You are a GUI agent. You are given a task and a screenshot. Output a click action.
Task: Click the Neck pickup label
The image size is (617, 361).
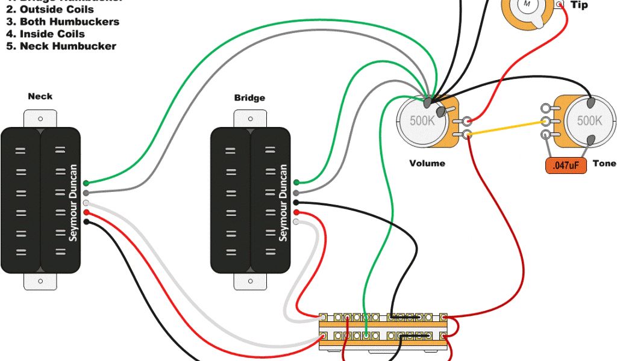coord(40,96)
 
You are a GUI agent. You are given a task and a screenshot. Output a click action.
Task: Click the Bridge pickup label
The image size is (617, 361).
coord(249,97)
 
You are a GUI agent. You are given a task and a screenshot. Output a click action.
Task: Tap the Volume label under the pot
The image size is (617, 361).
coord(427,163)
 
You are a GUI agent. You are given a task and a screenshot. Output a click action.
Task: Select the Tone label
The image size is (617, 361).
coord(604,163)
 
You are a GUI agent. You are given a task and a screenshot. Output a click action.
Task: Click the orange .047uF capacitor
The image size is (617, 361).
coord(566,165)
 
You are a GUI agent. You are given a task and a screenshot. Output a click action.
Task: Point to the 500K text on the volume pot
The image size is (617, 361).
coord(422,120)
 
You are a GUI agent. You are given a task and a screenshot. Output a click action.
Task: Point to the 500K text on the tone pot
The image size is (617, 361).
coord(589,120)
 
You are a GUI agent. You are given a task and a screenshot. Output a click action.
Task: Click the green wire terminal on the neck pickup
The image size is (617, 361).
coord(87,183)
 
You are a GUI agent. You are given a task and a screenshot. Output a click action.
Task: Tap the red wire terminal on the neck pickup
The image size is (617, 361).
coord(87,212)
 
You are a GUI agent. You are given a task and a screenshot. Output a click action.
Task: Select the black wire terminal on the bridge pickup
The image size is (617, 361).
coord(296,203)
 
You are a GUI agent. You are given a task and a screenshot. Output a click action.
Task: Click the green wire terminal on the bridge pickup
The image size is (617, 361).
coord(296,182)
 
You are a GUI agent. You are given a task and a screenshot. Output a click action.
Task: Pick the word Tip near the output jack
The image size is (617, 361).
coord(579,5)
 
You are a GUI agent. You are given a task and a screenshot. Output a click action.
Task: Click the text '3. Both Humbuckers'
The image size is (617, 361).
coord(63,22)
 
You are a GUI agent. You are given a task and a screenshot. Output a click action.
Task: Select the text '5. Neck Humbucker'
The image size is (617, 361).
coord(61,46)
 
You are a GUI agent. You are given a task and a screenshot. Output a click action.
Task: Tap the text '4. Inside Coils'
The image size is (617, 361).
coord(45,34)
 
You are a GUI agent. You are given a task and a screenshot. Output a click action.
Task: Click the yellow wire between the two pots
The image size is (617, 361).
coord(506,127)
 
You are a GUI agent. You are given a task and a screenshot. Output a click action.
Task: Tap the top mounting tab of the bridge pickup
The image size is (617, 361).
coord(250,119)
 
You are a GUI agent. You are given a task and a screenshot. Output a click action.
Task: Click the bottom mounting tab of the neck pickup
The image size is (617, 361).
coord(40,280)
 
